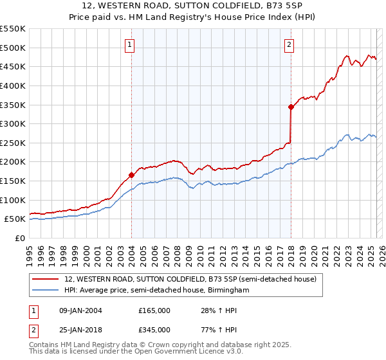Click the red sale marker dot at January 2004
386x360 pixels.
[131, 174]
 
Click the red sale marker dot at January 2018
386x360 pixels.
[291, 107]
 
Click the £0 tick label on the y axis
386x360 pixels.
[19, 238]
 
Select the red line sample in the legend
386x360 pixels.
[46, 280]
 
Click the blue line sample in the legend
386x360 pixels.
[46, 291]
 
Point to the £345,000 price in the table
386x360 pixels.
[154, 329]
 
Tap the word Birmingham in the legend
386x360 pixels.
[228, 291]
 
